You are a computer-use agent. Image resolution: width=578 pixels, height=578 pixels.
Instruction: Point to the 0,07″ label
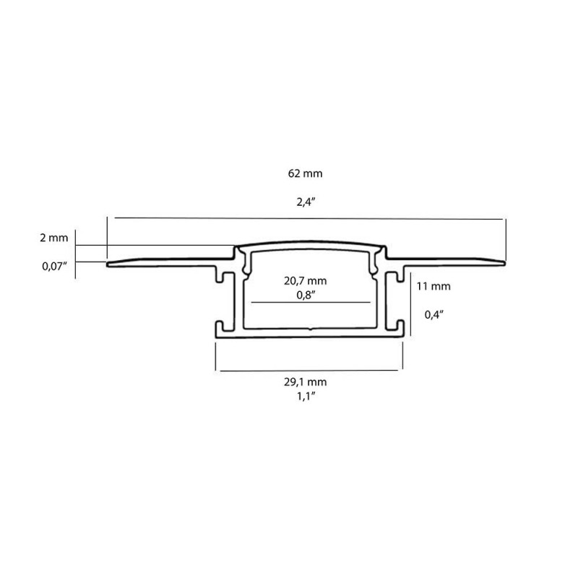point(54,266)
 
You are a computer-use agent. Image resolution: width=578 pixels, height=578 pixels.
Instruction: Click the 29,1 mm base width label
point(309,381)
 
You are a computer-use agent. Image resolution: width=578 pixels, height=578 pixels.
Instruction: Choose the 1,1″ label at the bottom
point(309,394)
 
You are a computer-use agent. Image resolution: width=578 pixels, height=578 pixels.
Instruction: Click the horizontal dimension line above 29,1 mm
point(309,371)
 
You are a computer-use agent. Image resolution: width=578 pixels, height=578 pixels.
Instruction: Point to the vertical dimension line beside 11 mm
point(410,303)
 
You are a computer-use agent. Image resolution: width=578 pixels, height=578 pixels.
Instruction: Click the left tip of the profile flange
point(108,264)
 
